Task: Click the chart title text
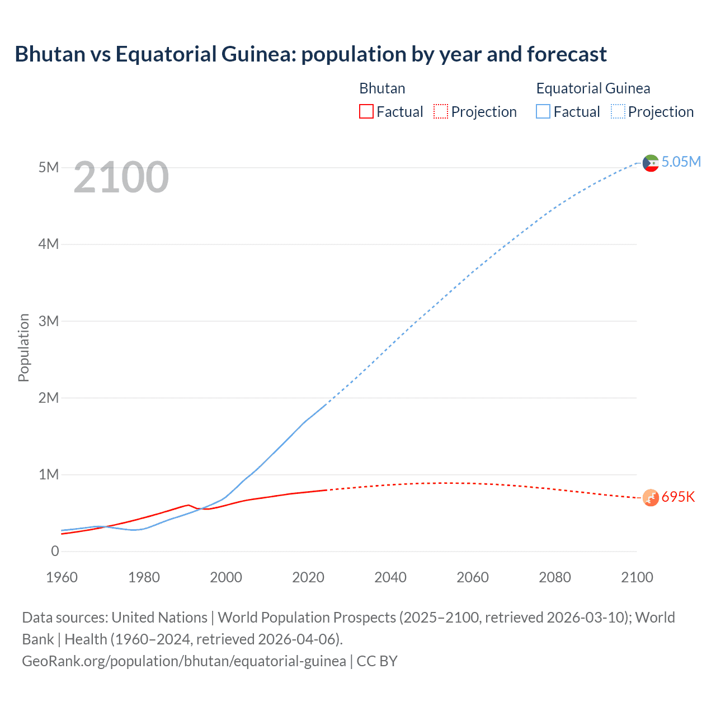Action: point(310,54)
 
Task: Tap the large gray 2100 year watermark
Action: point(121,177)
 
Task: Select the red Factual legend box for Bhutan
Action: point(366,111)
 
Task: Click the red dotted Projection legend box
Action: point(441,111)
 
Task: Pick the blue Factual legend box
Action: point(543,111)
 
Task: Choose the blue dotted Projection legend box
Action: point(618,111)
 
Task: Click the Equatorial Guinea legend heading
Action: point(593,88)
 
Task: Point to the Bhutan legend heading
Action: point(382,88)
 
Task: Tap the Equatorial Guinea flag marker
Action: point(651,163)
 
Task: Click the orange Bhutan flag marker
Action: point(651,497)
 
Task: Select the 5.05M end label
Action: point(681,162)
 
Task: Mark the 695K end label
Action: point(678,497)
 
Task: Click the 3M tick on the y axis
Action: point(49,321)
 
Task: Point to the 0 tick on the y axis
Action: point(55,551)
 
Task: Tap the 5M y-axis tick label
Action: point(49,167)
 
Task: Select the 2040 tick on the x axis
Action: point(390,577)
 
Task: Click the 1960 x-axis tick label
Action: point(62,577)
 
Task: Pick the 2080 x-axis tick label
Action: point(555,577)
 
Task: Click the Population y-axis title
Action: point(23,347)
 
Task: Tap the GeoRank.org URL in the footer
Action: point(183,661)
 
